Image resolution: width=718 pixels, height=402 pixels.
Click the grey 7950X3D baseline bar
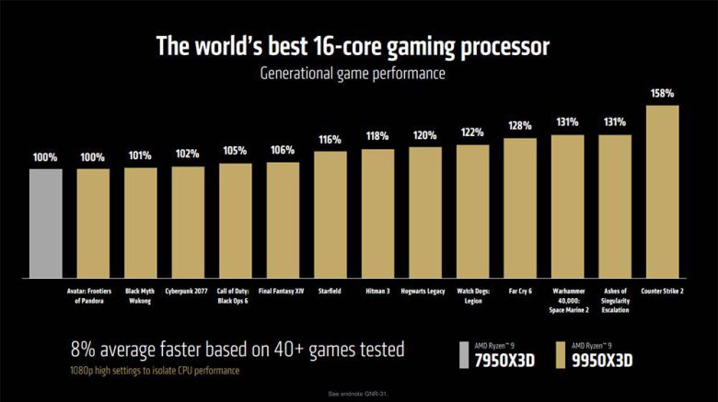click(46, 224)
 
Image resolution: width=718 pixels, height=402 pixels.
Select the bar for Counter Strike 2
click(663, 191)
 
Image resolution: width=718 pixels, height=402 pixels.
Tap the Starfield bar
click(330, 214)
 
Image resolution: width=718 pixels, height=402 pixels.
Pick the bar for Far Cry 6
click(520, 208)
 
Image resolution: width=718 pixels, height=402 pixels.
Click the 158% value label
click(663, 94)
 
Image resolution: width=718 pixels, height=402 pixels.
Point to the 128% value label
click(520, 125)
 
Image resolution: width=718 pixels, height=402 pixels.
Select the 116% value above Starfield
click(330, 140)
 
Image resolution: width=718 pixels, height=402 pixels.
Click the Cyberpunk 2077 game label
click(188, 291)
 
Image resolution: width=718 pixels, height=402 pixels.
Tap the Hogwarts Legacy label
click(425, 291)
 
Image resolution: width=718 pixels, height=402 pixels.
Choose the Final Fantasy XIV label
click(284, 291)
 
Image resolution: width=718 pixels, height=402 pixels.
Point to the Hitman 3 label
click(378, 291)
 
